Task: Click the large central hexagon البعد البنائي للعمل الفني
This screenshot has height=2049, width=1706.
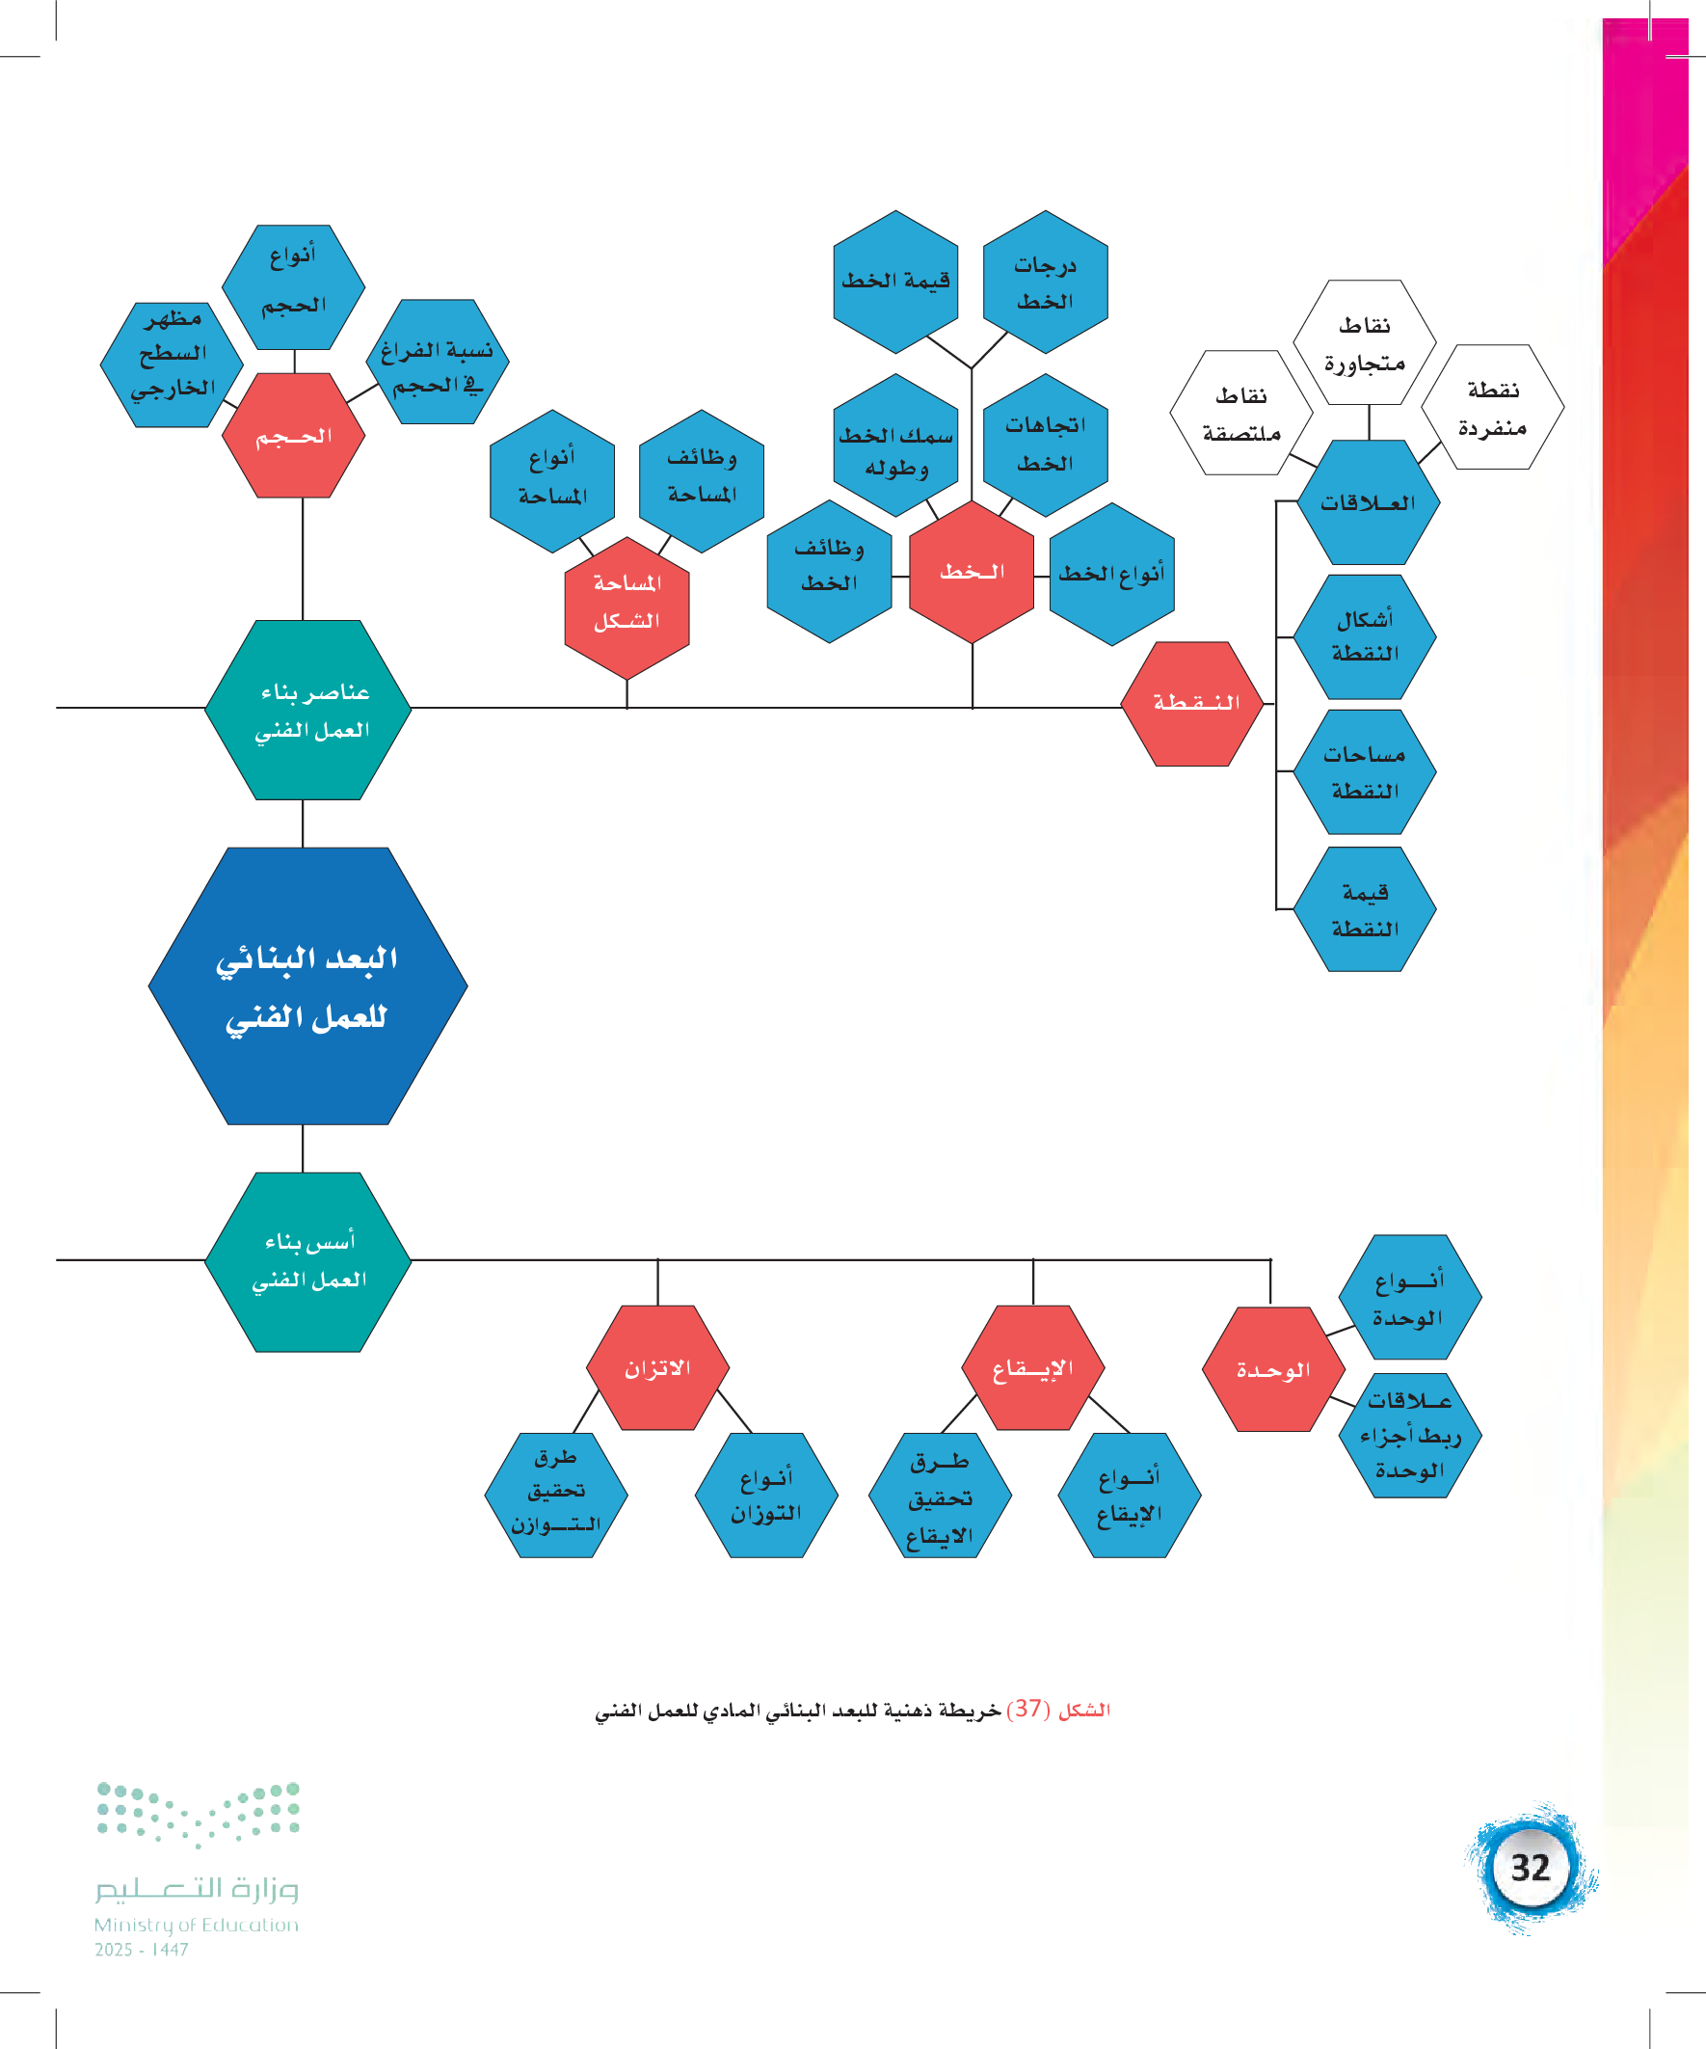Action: [307, 985]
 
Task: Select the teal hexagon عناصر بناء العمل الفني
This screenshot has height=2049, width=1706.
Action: [308, 710]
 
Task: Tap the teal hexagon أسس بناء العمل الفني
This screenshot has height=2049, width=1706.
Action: [308, 1261]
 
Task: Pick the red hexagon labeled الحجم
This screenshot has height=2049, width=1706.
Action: [294, 435]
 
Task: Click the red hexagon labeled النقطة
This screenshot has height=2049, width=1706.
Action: [1192, 704]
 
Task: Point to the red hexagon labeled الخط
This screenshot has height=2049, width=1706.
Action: [972, 572]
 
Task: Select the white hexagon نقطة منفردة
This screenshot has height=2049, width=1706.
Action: [1492, 407]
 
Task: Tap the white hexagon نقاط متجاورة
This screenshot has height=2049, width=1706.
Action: [1364, 342]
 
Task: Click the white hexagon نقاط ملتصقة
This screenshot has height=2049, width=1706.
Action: [1240, 413]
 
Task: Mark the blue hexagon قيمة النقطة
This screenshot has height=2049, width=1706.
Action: [1365, 908]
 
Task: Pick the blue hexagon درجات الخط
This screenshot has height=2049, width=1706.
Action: [1045, 282]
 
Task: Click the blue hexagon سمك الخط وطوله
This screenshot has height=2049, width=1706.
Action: [895, 445]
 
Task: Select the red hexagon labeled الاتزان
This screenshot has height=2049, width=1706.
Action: [657, 1368]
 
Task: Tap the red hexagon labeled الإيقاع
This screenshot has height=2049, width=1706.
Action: [1033, 1368]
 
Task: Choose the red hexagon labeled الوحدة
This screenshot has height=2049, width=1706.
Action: [1271, 1370]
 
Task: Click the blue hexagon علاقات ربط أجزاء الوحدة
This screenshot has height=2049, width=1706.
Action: [1409, 1436]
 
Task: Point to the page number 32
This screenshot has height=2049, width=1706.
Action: [1530, 1868]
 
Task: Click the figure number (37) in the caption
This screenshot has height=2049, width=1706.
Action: [1027, 1709]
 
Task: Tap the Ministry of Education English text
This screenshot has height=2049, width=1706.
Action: [196, 1924]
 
